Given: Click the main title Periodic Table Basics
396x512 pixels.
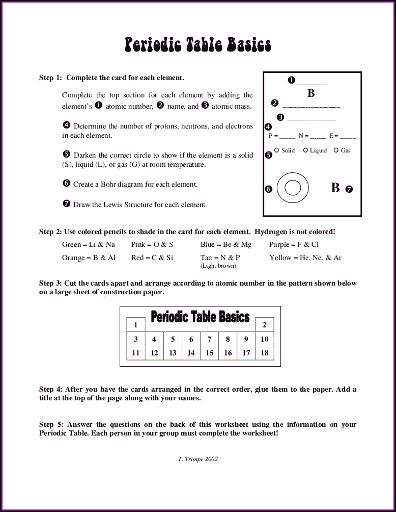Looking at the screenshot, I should click(198, 45).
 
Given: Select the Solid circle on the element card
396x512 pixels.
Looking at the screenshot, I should click(276, 150).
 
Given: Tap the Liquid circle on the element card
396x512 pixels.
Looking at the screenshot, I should click(305, 150).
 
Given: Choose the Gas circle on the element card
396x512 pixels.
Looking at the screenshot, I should click(336, 150).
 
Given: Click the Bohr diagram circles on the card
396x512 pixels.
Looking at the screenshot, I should click(293, 188).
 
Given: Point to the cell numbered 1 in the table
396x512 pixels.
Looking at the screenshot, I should click(135, 325).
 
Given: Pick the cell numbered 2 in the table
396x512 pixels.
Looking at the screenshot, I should click(264, 325).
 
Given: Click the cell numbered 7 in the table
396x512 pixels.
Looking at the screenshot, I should click(209, 339).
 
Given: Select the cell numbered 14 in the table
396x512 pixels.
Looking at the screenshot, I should click(191, 353).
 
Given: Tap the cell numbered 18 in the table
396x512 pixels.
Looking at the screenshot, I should click(264, 353).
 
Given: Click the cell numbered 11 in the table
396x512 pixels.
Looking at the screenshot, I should click(135, 353).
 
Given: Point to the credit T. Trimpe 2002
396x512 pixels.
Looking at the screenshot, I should click(198, 459).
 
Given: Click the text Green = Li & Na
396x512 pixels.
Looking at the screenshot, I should click(88, 245).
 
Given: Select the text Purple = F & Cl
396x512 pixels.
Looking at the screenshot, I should click(294, 245).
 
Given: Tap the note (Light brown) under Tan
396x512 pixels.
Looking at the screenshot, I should click(218, 266).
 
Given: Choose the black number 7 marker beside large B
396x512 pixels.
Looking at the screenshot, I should click(349, 189).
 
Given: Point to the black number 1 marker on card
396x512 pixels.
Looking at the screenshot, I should click(291, 80).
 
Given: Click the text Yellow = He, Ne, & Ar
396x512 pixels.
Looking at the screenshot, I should click(305, 258).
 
